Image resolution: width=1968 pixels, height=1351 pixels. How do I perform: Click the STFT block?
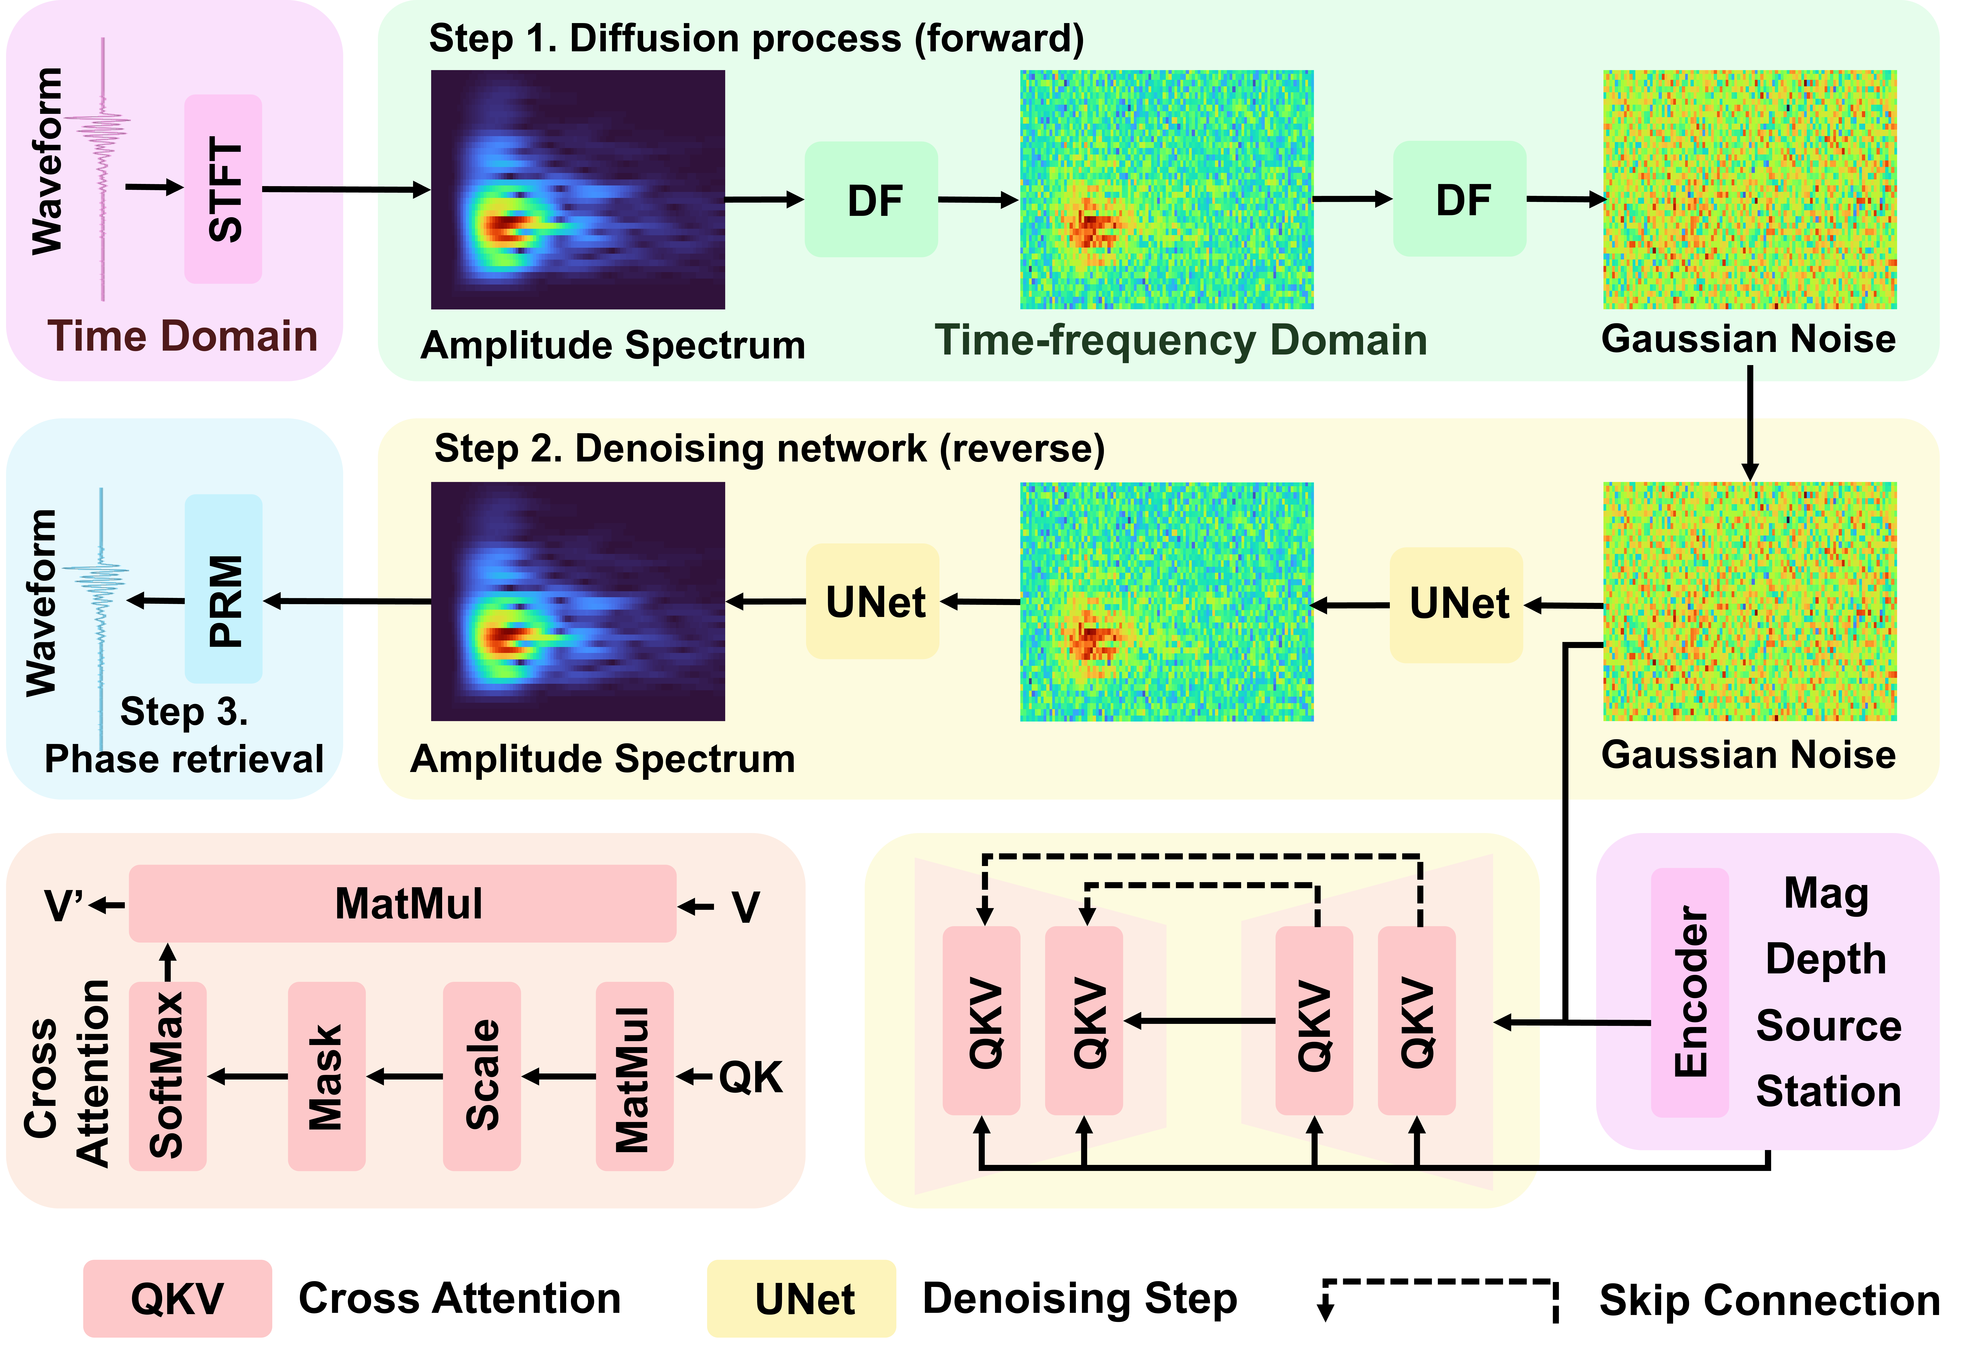coord(223,189)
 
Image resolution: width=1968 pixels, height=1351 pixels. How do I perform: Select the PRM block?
coord(224,589)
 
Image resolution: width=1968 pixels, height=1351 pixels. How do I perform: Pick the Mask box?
coord(326,1076)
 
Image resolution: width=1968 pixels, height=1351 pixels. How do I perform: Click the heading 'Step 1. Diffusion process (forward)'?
coord(756,39)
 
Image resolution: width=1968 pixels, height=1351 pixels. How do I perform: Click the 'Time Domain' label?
coord(182,336)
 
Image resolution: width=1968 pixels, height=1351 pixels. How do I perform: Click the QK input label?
coord(750,1077)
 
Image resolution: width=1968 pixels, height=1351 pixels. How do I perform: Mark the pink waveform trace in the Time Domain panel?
coord(103,169)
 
